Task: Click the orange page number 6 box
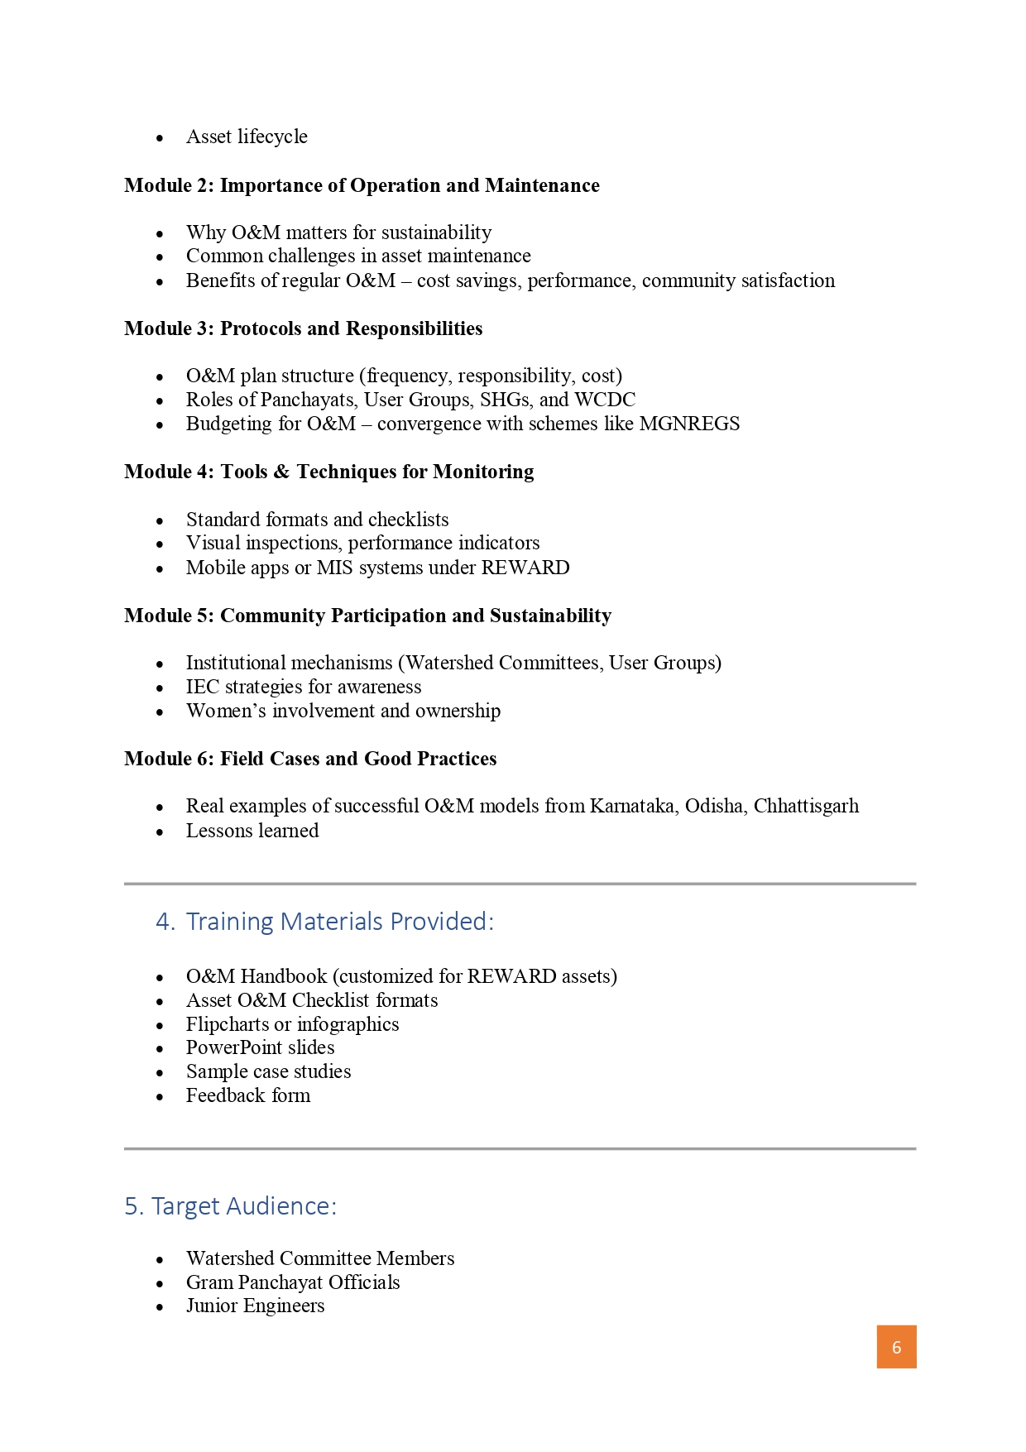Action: pyautogui.click(x=896, y=1347)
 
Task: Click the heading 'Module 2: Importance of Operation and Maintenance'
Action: pyautogui.click(x=362, y=185)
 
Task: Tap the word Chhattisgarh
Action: pyautogui.click(x=806, y=806)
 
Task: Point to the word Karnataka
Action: pyautogui.click(x=632, y=806)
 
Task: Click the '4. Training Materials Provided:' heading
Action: pyautogui.click(x=324, y=922)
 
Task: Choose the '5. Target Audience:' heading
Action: pyautogui.click(x=231, y=1206)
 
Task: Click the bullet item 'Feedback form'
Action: pyautogui.click(x=248, y=1095)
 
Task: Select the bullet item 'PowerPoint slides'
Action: pyautogui.click(x=260, y=1047)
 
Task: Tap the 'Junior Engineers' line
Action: pyautogui.click(x=255, y=1306)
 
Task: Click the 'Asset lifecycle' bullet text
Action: pyautogui.click(x=247, y=137)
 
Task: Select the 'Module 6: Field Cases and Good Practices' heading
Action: pyautogui.click(x=310, y=759)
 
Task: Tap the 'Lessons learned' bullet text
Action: pyautogui.click(x=252, y=831)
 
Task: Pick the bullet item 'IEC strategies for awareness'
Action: pyautogui.click(x=304, y=687)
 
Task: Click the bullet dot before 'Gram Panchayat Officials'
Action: pyautogui.click(x=160, y=1283)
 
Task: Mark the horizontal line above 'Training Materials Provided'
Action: pyautogui.click(x=520, y=884)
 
